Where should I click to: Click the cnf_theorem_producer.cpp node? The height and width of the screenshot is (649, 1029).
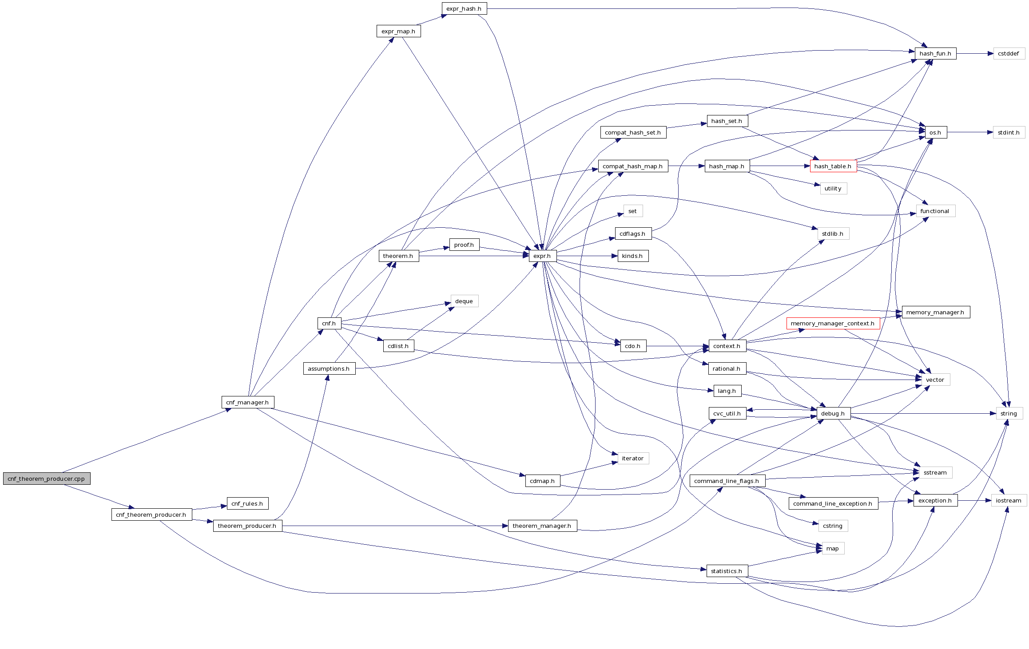(x=46, y=479)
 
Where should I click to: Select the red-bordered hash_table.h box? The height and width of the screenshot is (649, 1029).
(x=833, y=166)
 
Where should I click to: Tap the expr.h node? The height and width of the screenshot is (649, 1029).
(x=542, y=256)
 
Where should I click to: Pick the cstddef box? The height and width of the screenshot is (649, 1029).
(x=1009, y=54)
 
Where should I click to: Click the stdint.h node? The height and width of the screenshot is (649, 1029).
(x=1009, y=132)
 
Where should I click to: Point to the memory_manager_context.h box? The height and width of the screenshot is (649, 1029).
(x=833, y=324)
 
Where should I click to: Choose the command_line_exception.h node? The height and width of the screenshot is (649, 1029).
(x=833, y=503)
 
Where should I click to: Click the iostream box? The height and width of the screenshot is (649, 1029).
(x=1009, y=500)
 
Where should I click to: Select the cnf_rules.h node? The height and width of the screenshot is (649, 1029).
(x=247, y=503)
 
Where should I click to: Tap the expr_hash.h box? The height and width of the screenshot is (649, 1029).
(x=464, y=8)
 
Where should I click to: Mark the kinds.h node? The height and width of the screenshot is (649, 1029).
(x=632, y=256)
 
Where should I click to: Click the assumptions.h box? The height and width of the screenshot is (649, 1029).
(x=329, y=368)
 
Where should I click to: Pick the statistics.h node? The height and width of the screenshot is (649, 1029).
(x=727, y=571)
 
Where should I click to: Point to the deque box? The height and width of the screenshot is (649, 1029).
(x=464, y=301)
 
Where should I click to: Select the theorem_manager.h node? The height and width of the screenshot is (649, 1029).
(x=542, y=526)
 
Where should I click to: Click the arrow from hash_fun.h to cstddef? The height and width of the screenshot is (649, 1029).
(x=974, y=54)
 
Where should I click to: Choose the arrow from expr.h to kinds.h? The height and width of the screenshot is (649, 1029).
(x=586, y=256)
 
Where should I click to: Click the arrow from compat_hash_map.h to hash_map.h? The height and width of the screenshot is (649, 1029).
(x=686, y=166)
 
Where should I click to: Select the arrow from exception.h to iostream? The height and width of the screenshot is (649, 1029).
(x=974, y=500)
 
